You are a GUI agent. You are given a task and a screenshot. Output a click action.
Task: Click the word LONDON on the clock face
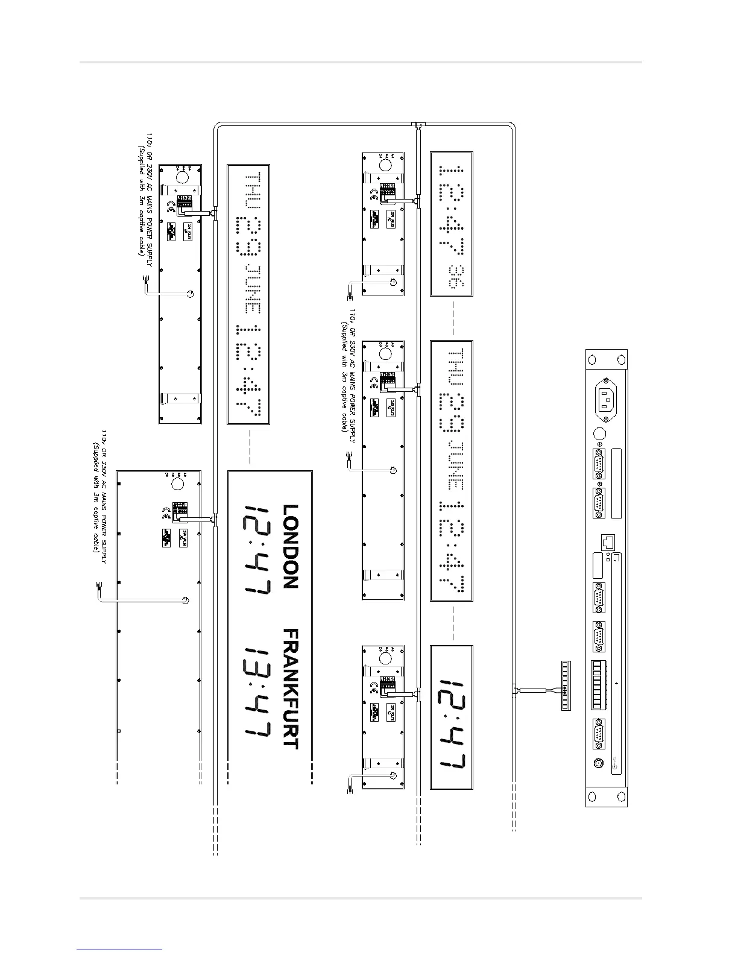click(x=291, y=546)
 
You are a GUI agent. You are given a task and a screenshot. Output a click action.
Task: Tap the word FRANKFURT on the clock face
click(x=291, y=689)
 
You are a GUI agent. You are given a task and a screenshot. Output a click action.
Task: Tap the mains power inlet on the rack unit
click(x=607, y=400)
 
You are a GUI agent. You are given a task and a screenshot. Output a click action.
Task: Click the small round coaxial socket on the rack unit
click(x=599, y=763)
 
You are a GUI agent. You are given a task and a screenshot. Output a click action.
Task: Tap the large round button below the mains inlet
click(x=600, y=434)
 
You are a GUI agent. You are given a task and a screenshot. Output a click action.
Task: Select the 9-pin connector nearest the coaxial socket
click(x=599, y=735)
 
